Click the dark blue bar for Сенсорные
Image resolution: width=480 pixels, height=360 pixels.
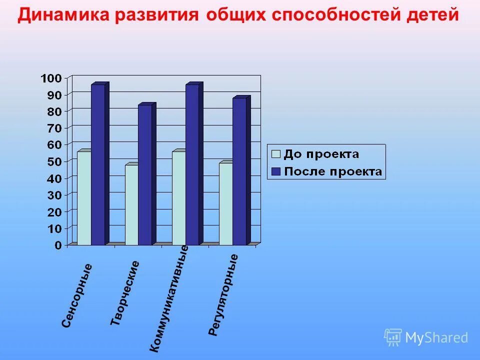click(98, 165)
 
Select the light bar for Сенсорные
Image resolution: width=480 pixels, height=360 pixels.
click(84, 198)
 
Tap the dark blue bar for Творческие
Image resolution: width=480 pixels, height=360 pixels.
click(145, 175)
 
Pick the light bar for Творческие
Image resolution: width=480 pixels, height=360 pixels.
click(131, 205)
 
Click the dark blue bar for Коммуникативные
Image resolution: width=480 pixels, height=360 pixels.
click(192, 165)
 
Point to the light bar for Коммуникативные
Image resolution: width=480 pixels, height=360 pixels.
click(178, 198)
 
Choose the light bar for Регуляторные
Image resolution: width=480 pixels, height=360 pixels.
click(225, 204)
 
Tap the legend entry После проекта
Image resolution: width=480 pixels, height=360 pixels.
click(327, 172)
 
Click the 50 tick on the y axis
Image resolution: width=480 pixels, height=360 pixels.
click(54, 161)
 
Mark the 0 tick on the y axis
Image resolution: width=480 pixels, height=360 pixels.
click(58, 245)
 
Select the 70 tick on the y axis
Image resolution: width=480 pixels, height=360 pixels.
click(54, 128)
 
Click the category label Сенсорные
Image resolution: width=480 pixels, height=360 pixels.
click(77, 295)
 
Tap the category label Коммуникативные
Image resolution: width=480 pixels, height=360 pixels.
click(169, 298)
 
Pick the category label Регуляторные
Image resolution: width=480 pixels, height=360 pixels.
click(223, 295)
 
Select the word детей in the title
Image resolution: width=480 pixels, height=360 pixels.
click(433, 15)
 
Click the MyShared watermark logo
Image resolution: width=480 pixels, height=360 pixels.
click(426, 337)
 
